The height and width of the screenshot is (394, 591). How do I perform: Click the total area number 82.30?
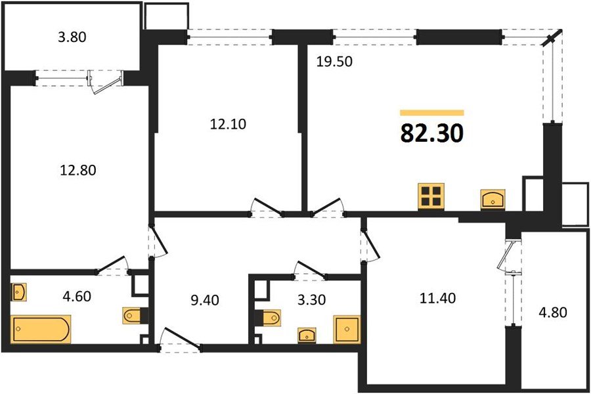431,133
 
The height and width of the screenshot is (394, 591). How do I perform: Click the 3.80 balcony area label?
73,37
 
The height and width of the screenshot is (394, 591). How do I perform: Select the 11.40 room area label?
437,298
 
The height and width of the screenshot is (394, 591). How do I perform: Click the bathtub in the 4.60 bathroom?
41,329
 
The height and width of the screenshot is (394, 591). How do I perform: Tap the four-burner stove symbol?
431,196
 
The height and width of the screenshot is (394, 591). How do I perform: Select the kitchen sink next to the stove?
492,198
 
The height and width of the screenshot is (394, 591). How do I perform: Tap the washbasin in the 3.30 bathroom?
307,335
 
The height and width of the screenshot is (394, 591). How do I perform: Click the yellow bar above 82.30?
431,113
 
